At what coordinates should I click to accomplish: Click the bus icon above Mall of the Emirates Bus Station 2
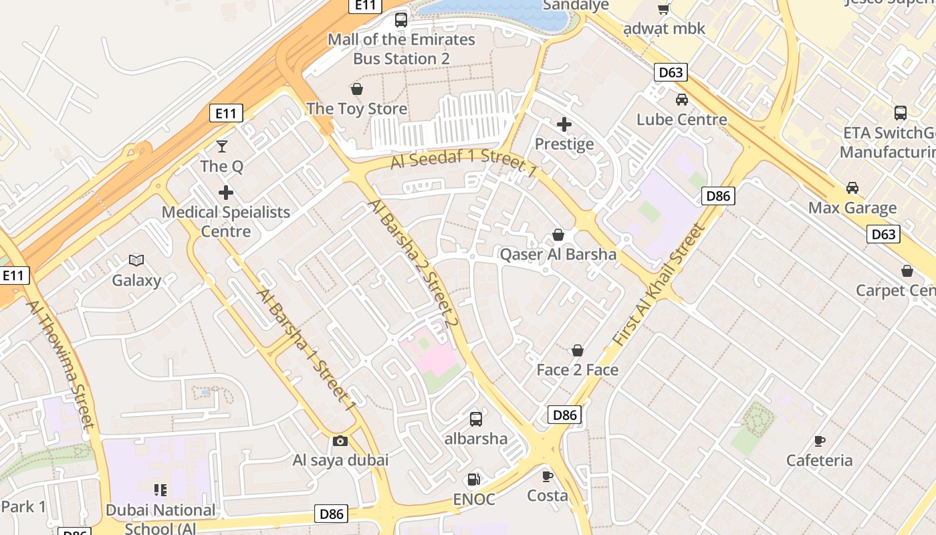pos(401,20)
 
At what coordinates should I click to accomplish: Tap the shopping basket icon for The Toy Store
pos(357,89)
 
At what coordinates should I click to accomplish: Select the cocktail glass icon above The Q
pos(222,146)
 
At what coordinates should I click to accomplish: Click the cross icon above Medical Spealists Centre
pos(226,193)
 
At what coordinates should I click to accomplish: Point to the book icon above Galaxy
pos(136,260)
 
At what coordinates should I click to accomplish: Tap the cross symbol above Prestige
pos(564,124)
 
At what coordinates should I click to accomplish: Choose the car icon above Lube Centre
pos(682,100)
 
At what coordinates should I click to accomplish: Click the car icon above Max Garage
pos(852,188)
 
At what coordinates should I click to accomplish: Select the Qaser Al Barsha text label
pos(558,254)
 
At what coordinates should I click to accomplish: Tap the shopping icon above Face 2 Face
pos(578,350)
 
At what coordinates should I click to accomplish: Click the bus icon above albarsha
pos(476,419)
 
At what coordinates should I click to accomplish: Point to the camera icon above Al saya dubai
pos(340,441)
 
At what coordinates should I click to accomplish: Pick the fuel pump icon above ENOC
pos(473,479)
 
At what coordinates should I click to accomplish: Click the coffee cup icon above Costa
pos(548,476)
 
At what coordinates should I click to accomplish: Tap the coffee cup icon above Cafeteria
pos(820,441)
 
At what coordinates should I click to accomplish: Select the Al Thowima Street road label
pos(60,363)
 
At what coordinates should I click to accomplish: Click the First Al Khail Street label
pos(659,285)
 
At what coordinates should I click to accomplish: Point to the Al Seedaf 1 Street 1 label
pos(463,163)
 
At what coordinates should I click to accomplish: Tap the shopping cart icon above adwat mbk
pos(664,9)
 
